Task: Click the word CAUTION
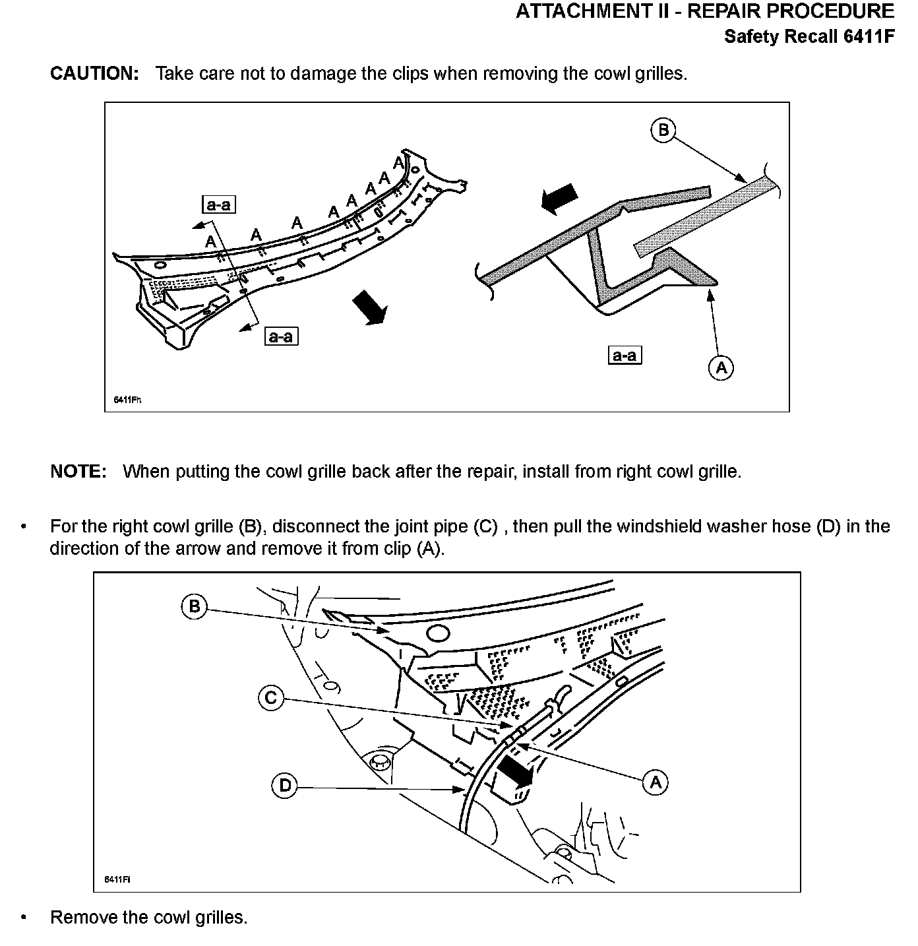pyautogui.click(x=94, y=73)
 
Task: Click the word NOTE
pyautogui.click(x=78, y=472)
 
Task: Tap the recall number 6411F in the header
pyautogui.click(x=869, y=36)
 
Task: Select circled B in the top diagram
pyautogui.click(x=663, y=130)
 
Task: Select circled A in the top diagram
pyautogui.click(x=721, y=367)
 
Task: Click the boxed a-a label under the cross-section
pyautogui.click(x=624, y=356)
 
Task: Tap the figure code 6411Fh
pyautogui.click(x=128, y=400)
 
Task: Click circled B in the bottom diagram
pyautogui.click(x=194, y=606)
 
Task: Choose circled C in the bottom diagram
pyautogui.click(x=270, y=698)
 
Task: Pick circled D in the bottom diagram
pyautogui.click(x=285, y=785)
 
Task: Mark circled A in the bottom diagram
pyautogui.click(x=655, y=782)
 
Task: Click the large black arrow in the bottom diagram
pyautogui.click(x=515, y=771)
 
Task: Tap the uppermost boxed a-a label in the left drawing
pyautogui.click(x=218, y=205)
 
